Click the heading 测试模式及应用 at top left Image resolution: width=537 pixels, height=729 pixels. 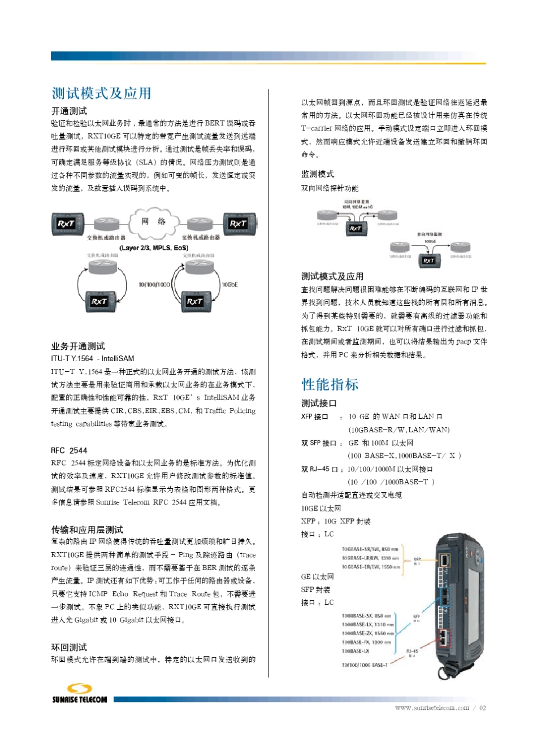point(101,93)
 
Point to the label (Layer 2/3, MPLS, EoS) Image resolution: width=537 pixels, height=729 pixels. point(154,248)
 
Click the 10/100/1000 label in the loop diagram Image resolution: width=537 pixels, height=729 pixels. point(154,284)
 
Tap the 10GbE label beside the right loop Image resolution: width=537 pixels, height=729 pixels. point(230,284)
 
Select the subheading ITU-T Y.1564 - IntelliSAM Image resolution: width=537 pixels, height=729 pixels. point(93,358)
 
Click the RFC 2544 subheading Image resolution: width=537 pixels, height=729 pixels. point(69,450)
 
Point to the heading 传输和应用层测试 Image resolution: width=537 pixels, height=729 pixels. point(87,530)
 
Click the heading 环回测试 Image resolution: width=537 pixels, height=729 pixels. point(69,647)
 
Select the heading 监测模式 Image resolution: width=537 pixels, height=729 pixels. point(317,174)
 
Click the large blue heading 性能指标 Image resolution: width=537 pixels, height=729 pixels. point(330,385)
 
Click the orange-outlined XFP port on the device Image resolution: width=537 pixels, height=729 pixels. point(445,560)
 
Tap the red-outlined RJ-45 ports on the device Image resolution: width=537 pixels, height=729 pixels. point(445,637)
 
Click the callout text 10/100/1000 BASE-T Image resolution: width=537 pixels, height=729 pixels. point(365,665)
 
